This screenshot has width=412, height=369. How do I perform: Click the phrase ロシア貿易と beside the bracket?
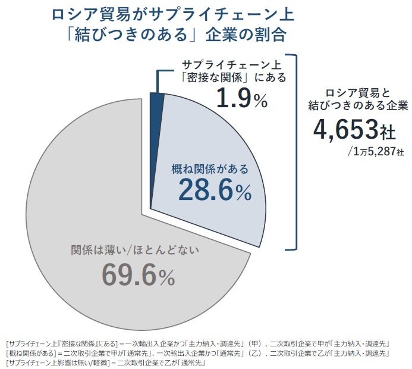(x=357, y=92)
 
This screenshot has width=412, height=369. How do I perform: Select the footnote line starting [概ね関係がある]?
(x=197, y=354)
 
